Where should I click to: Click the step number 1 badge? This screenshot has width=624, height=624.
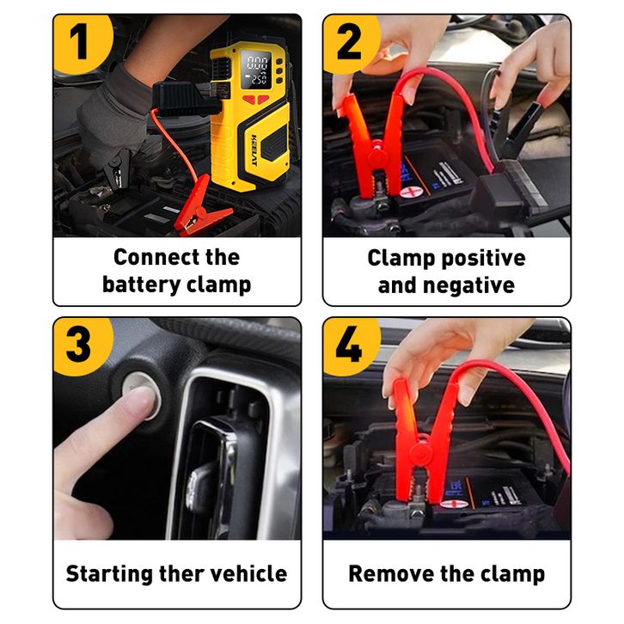pyautogui.click(x=82, y=43)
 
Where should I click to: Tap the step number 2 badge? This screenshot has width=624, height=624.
pyautogui.click(x=350, y=43)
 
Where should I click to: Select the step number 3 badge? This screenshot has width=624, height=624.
pyautogui.click(x=82, y=346)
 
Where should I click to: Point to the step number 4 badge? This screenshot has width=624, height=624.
pyautogui.click(x=350, y=346)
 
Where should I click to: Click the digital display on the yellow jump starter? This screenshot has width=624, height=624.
pyautogui.click(x=257, y=70)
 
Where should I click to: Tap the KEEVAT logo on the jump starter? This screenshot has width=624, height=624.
pyautogui.click(x=254, y=150)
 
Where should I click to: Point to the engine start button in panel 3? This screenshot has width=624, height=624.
pyautogui.click(x=142, y=396)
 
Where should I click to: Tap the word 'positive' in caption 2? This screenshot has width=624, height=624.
pyautogui.click(x=484, y=259)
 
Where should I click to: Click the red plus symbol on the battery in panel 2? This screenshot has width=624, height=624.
pyautogui.click(x=411, y=193)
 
